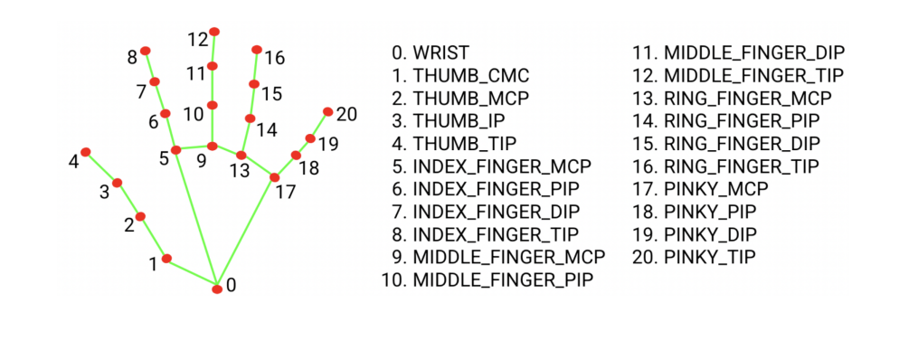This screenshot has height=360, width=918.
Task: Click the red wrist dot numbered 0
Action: [217, 289]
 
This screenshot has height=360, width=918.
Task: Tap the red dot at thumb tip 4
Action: [86, 152]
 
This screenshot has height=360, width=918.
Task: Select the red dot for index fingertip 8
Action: [145, 51]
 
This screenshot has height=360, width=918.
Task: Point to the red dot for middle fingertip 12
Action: [214, 32]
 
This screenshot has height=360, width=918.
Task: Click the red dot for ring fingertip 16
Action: [257, 49]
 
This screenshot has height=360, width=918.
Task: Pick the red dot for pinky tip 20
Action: [327, 111]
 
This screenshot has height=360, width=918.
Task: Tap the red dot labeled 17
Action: [274, 177]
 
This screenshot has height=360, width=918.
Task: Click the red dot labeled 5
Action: [177, 150]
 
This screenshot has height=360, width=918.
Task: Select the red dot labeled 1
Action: [166, 258]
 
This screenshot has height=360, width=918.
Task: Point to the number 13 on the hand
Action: [239, 169]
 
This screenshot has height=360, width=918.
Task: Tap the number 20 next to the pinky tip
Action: [347, 114]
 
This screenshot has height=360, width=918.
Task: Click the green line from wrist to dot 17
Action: [246, 232]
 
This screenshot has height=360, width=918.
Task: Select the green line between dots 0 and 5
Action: [197, 219]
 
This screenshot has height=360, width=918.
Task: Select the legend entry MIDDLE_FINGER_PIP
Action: [503, 280]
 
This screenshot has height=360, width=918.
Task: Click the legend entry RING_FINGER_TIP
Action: [742, 166]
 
